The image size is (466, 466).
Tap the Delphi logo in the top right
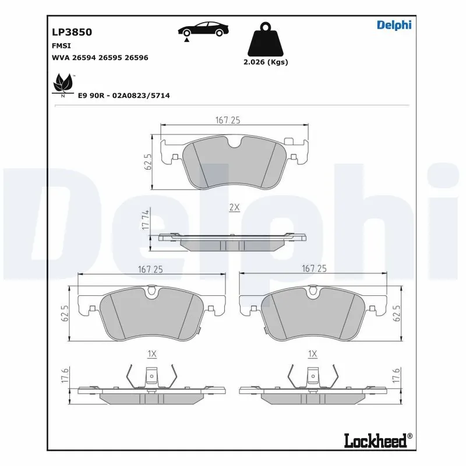pos(394,24)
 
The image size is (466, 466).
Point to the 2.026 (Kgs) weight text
pos(266,62)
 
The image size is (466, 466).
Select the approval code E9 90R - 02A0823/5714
pos(123,95)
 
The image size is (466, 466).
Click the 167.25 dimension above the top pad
pos(228,120)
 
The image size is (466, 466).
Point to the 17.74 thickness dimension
pos(146,222)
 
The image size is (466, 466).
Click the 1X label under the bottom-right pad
pos(312,354)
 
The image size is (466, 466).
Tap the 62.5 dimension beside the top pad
pos(148,161)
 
